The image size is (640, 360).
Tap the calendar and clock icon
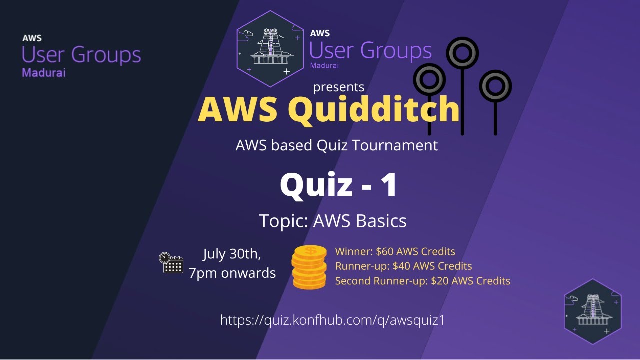tap(171, 263)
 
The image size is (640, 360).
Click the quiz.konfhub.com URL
tap(332, 320)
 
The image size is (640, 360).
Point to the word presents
tap(338, 87)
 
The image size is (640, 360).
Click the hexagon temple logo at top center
tap(270, 48)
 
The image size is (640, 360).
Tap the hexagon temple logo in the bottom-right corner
tap(593, 312)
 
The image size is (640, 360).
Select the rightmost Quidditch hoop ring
tap(495, 86)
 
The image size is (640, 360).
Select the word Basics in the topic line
tap(382, 221)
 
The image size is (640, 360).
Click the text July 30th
tap(232, 254)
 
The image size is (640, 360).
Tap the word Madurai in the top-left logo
tap(44, 73)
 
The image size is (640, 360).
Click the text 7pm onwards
tap(232, 273)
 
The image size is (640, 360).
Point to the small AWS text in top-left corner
tap(32, 38)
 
